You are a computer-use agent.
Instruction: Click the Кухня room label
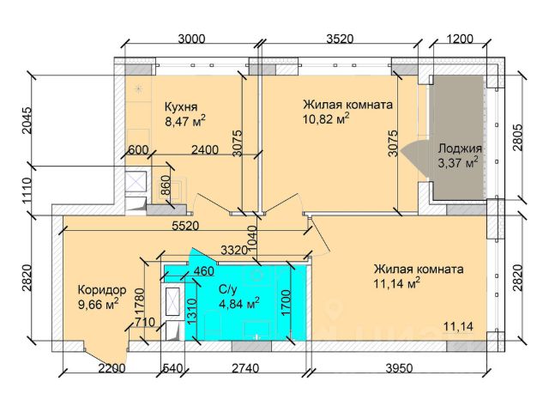point(182,107)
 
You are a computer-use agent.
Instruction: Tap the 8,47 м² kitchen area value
point(185,123)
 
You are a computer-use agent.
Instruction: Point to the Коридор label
point(102,289)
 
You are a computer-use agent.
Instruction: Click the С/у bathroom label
point(228,289)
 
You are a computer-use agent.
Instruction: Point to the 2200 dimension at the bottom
point(113,370)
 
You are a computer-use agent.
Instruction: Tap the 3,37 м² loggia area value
point(457,162)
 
